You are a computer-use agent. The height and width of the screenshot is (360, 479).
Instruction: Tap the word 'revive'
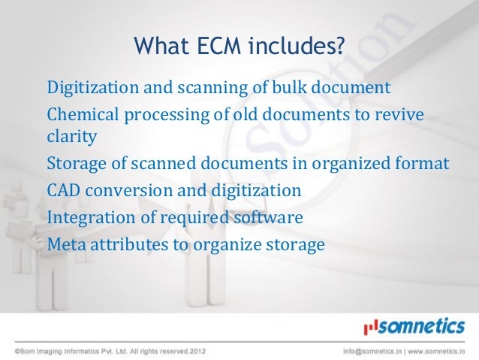coord(399,115)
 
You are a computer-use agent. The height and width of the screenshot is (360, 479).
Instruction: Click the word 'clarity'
coord(71,138)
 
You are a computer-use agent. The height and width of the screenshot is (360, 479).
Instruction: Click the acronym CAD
coord(63,191)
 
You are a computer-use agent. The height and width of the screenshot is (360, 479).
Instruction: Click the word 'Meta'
coord(65,244)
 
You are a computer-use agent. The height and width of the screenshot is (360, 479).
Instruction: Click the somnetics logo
coord(414,326)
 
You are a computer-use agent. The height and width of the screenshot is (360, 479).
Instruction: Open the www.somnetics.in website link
coord(436,350)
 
